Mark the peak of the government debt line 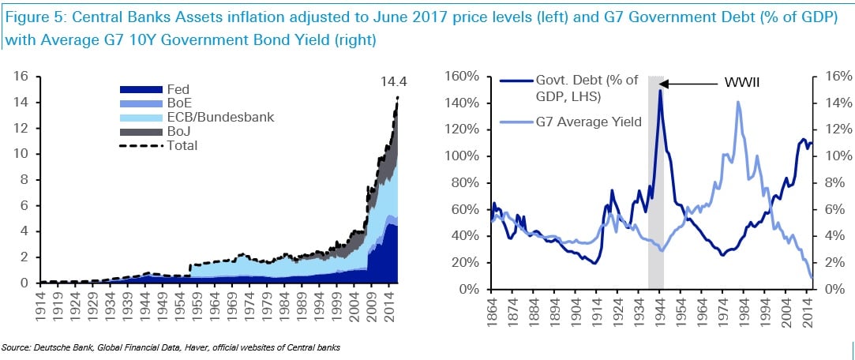pos(659,91)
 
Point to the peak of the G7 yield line pos(737,102)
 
